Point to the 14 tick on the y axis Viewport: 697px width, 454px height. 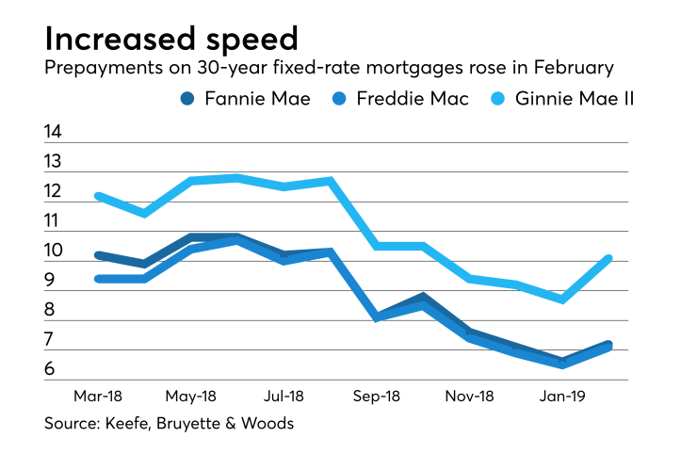tap(53, 132)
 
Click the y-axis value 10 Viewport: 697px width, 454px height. tap(53, 251)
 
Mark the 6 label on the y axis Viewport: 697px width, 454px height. tap(49, 369)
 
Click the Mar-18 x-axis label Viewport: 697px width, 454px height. tap(98, 397)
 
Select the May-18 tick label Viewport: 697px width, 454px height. tap(191, 397)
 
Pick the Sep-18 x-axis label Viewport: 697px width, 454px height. tap(377, 397)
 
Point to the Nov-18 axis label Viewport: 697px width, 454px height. tap(470, 397)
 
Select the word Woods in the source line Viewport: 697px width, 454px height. tap(268, 424)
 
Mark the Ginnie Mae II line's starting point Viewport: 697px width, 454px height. tap(98, 196)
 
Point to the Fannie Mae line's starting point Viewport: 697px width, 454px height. tap(98, 255)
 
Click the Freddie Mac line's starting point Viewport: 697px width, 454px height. tap(98, 279)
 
